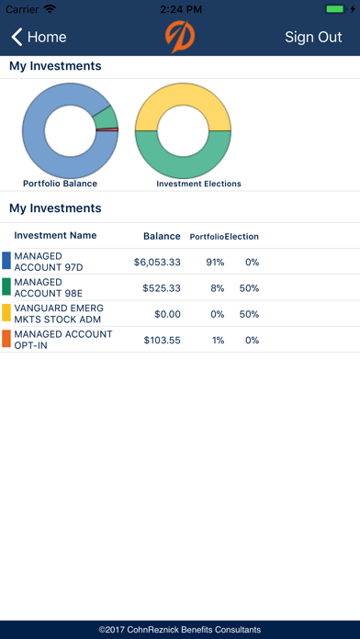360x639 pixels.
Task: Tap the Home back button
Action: pos(39,38)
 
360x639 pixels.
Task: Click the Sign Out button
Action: pos(313,38)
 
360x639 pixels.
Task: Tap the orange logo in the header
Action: pos(180,38)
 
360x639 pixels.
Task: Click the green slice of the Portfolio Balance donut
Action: pos(106,117)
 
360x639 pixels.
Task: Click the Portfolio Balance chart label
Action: pos(60,184)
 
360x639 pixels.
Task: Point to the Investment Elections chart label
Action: pos(198,184)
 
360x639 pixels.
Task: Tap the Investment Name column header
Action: pos(55,236)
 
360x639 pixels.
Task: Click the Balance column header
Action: pos(162,236)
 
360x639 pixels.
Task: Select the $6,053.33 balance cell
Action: pos(157,262)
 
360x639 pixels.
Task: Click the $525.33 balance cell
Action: pos(161,287)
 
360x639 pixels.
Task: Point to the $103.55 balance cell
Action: pos(161,339)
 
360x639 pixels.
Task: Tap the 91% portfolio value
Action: pos(215,262)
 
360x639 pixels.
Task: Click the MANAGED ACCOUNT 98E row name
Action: pos(39,287)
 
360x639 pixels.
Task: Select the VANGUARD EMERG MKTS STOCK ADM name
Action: pos(59,313)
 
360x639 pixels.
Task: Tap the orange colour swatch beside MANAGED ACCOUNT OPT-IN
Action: pos(6,339)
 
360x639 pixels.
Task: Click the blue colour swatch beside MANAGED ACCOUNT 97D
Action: pos(6,262)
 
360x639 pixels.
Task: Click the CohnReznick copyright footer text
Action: pos(180,630)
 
